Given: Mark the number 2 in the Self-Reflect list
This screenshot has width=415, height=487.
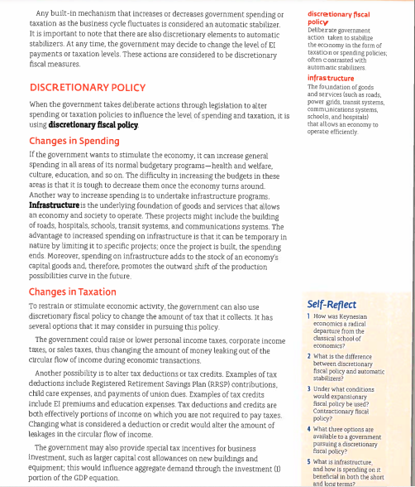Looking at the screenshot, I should coord(308,354).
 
